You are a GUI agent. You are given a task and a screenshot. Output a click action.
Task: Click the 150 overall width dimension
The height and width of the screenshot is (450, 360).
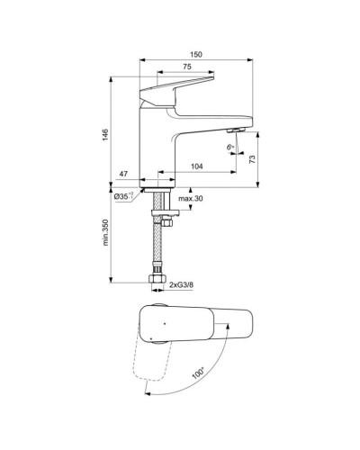(x=196, y=56)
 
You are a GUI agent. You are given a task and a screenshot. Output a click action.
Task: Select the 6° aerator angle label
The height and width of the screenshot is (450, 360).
(x=231, y=147)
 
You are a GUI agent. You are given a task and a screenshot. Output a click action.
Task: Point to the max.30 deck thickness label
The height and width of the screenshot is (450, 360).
(x=190, y=197)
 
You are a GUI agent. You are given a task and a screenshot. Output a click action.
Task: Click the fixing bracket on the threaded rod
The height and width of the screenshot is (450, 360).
(x=169, y=212)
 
